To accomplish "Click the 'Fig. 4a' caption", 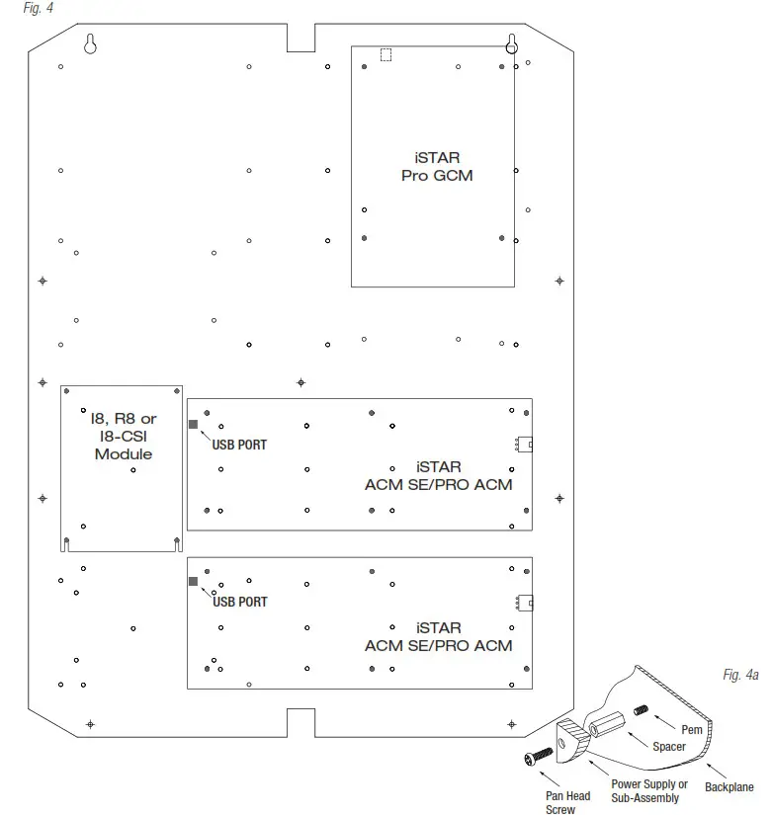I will (740, 675).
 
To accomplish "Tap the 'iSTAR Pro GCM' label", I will (437, 167).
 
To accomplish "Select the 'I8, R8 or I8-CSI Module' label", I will (124, 437).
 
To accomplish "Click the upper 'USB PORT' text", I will (239, 445).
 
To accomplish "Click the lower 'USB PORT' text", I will (239, 602).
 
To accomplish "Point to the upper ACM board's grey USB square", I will (194, 425).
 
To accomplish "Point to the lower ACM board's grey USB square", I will (194, 582).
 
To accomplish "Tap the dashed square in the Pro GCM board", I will (386, 55).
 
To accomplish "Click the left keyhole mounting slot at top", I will (90, 44).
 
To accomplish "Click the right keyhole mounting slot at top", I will (512, 44).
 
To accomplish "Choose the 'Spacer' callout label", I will (669, 748).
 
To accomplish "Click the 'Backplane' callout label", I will (729, 787).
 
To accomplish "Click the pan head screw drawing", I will (535, 758).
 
